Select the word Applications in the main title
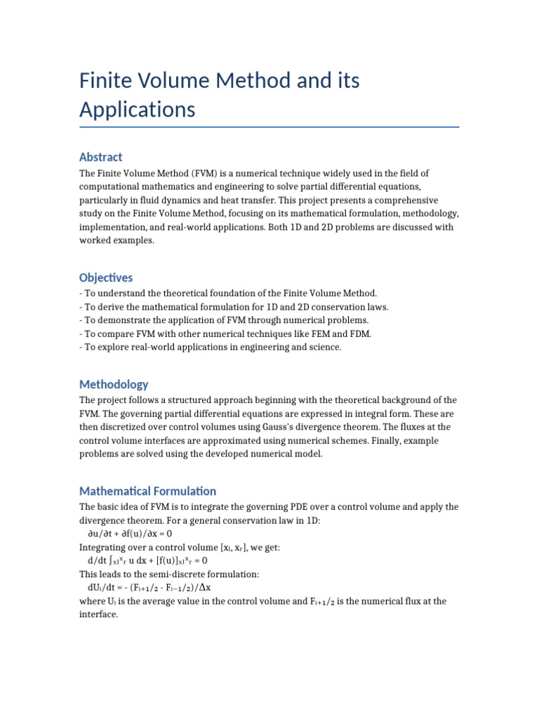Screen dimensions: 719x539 coord(137,110)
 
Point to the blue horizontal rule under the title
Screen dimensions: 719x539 coord(269,127)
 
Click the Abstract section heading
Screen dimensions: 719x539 coord(100,157)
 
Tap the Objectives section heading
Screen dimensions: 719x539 coord(106,277)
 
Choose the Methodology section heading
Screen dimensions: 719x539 coord(114,384)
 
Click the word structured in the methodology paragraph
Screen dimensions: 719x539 coord(186,400)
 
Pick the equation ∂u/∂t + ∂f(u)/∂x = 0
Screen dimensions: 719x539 coord(130,534)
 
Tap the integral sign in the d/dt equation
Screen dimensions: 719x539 coord(111,560)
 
